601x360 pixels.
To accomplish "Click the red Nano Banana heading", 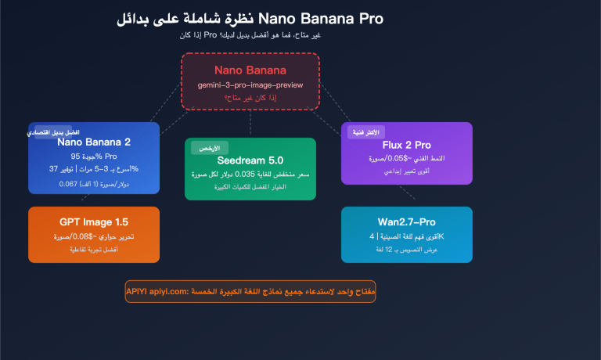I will click(x=250, y=70).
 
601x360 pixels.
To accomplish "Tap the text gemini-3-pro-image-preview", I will click(x=250, y=85).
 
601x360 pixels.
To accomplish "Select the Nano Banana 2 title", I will click(x=94, y=142).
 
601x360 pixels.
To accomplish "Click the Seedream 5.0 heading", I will click(x=250, y=160).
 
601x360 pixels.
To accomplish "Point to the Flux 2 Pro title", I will click(x=407, y=145).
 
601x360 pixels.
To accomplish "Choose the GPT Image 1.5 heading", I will click(x=94, y=221).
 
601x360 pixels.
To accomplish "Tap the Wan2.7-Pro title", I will click(x=407, y=221).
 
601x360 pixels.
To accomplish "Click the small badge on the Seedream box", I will click(x=209, y=147).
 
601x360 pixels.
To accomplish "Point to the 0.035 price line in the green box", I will click(x=250, y=175).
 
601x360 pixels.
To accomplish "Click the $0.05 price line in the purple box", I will click(x=407, y=158).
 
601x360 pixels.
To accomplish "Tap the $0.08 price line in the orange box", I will click(x=94, y=236).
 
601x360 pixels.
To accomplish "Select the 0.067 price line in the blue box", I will click(x=94, y=184).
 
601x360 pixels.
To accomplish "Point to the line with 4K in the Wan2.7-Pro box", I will click(x=407, y=236).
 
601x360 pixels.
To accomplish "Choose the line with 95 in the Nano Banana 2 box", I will click(x=94, y=156).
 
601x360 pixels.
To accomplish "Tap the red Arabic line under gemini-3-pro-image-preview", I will click(x=250, y=98).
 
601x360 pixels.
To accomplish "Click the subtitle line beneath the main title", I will click(x=250, y=35).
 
